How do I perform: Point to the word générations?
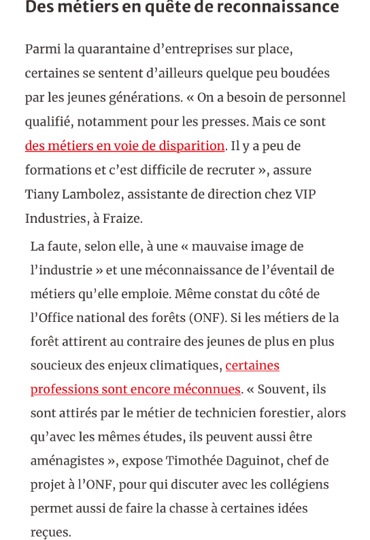click(145, 97)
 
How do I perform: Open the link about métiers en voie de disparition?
click(124, 146)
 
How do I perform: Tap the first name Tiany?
click(42, 194)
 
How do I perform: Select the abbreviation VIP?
click(305, 194)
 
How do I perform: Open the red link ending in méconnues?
click(135, 389)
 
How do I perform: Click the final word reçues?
click(50, 533)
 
